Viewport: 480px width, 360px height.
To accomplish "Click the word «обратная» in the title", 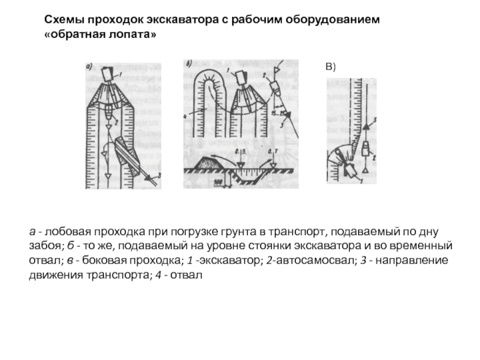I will tap(78, 35).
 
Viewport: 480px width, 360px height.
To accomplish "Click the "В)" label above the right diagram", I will tap(331, 68).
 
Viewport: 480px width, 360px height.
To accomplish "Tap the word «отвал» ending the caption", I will tap(187, 275).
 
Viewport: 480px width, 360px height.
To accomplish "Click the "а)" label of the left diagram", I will tap(89, 67).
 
